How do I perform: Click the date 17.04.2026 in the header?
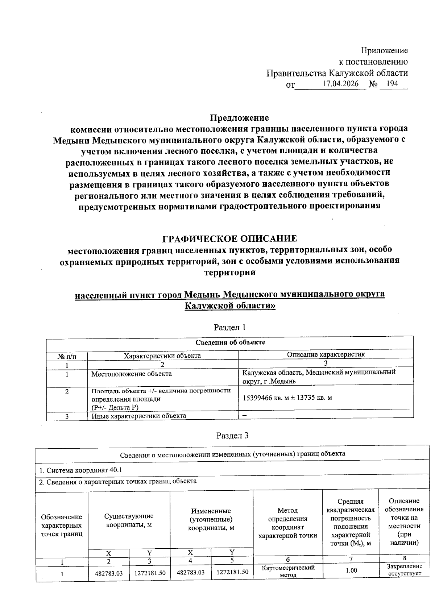(340, 84)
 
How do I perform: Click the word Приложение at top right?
(384, 50)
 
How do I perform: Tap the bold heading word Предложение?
(240, 118)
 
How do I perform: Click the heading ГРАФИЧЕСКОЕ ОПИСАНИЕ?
(229, 238)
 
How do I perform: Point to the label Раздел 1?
(230, 327)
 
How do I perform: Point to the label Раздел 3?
(232, 436)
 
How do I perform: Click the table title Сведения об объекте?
(230, 342)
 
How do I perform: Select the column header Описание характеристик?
(326, 354)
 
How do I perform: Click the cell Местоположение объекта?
(132, 374)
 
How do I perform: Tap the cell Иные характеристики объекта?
(138, 416)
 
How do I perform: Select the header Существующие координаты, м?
(129, 520)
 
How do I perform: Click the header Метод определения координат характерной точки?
(287, 523)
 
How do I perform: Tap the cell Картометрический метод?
(288, 571)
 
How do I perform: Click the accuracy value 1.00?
(351, 570)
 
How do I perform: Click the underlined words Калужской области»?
(230, 306)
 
